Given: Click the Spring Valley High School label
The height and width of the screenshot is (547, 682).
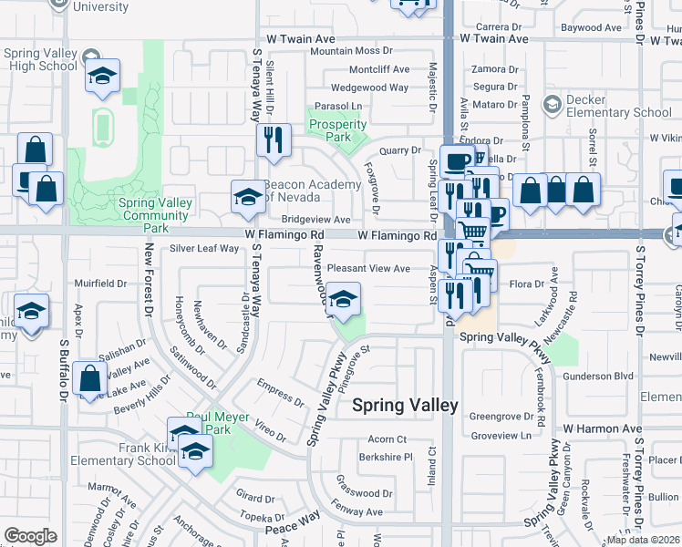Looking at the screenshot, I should (x=40, y=60).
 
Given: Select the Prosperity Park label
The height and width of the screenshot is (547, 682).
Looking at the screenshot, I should (x=337, y=130).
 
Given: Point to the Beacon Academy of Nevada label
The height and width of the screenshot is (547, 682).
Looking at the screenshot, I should (x=314, y=191).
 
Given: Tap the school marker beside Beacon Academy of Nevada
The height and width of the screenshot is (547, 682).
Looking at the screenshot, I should (x=247, y=197).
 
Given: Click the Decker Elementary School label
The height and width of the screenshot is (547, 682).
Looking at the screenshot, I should (x=619, y=107).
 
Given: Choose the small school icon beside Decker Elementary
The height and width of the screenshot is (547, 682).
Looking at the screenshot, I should (x=552, y=106).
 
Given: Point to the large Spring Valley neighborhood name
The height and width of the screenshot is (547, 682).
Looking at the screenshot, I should (x=405, y=407).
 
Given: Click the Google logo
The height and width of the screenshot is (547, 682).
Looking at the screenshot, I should (x=30, y=536).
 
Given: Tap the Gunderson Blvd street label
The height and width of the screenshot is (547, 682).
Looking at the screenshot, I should (x=598, y=376).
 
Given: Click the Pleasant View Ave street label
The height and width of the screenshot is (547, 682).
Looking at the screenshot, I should (x=368, y=269).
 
